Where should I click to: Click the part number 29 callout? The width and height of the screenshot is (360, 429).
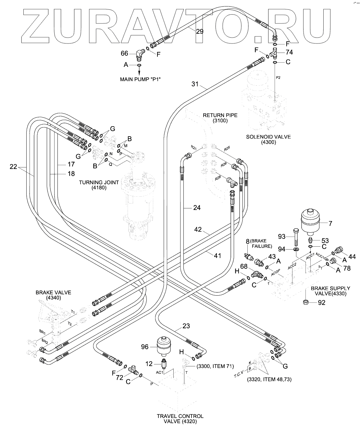[x=200, y=31]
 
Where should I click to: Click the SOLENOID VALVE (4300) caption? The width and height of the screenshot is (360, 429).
[x=268, y=139]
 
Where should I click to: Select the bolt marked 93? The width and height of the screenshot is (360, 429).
[x=295, y=236]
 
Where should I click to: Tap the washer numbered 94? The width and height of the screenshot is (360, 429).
[x=296, y=249]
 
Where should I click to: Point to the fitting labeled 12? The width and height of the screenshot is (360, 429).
[x=164, y=364]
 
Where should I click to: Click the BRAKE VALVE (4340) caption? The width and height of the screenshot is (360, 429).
[x=53, y=295]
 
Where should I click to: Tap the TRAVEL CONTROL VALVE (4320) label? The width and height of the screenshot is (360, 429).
[x=180, y=419]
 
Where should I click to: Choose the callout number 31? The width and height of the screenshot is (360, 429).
[x=195, y=84]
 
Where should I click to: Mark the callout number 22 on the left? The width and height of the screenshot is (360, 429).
[x=13, y=167]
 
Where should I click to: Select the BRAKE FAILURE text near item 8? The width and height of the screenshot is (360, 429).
[x=262, y=243]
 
